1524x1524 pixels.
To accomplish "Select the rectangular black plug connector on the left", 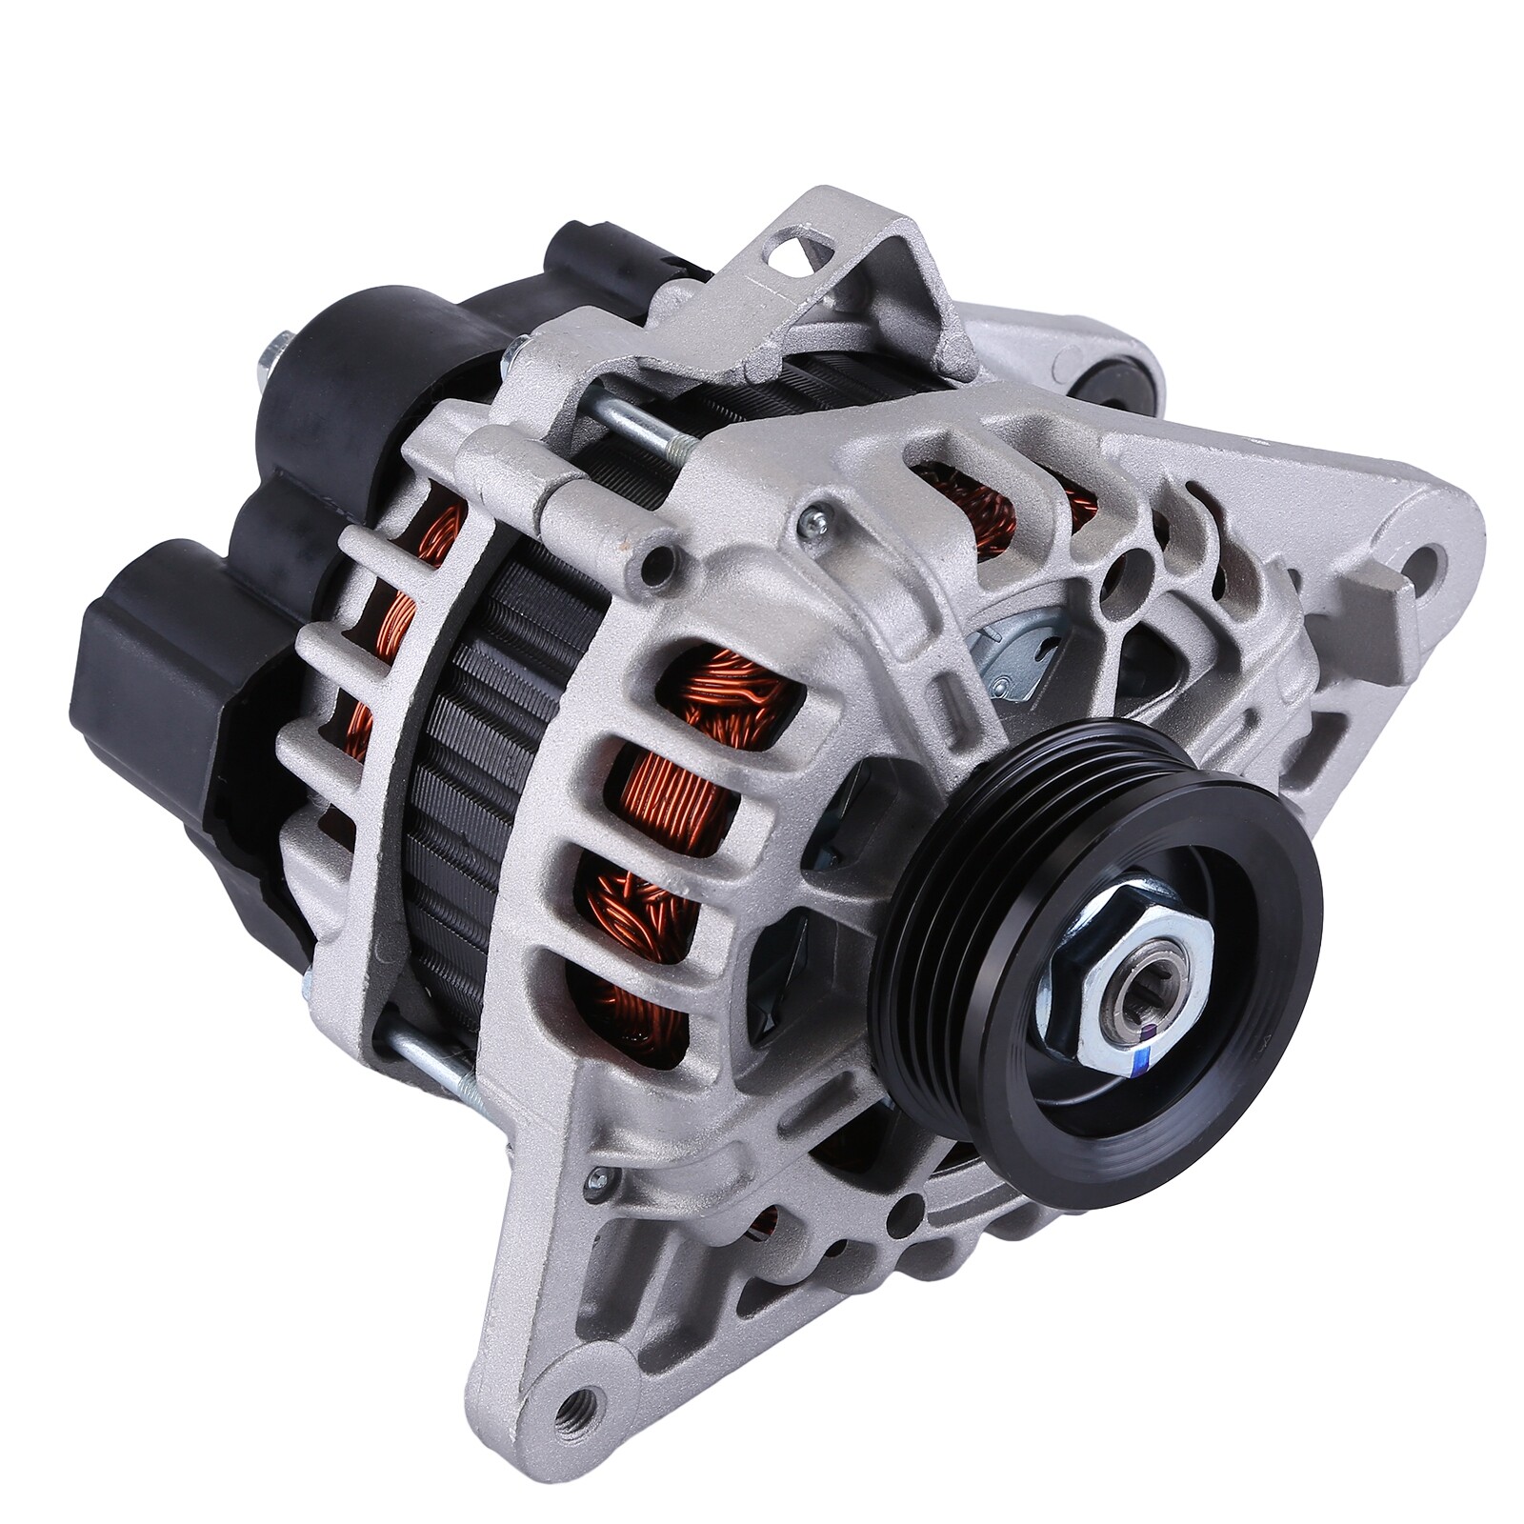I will [x=143, y=657].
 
